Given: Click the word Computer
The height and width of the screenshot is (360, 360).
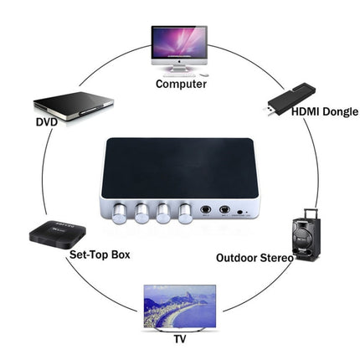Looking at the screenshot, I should (x=181, y=84).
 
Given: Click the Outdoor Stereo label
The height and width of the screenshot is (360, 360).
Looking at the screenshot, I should (x=255, y=258).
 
